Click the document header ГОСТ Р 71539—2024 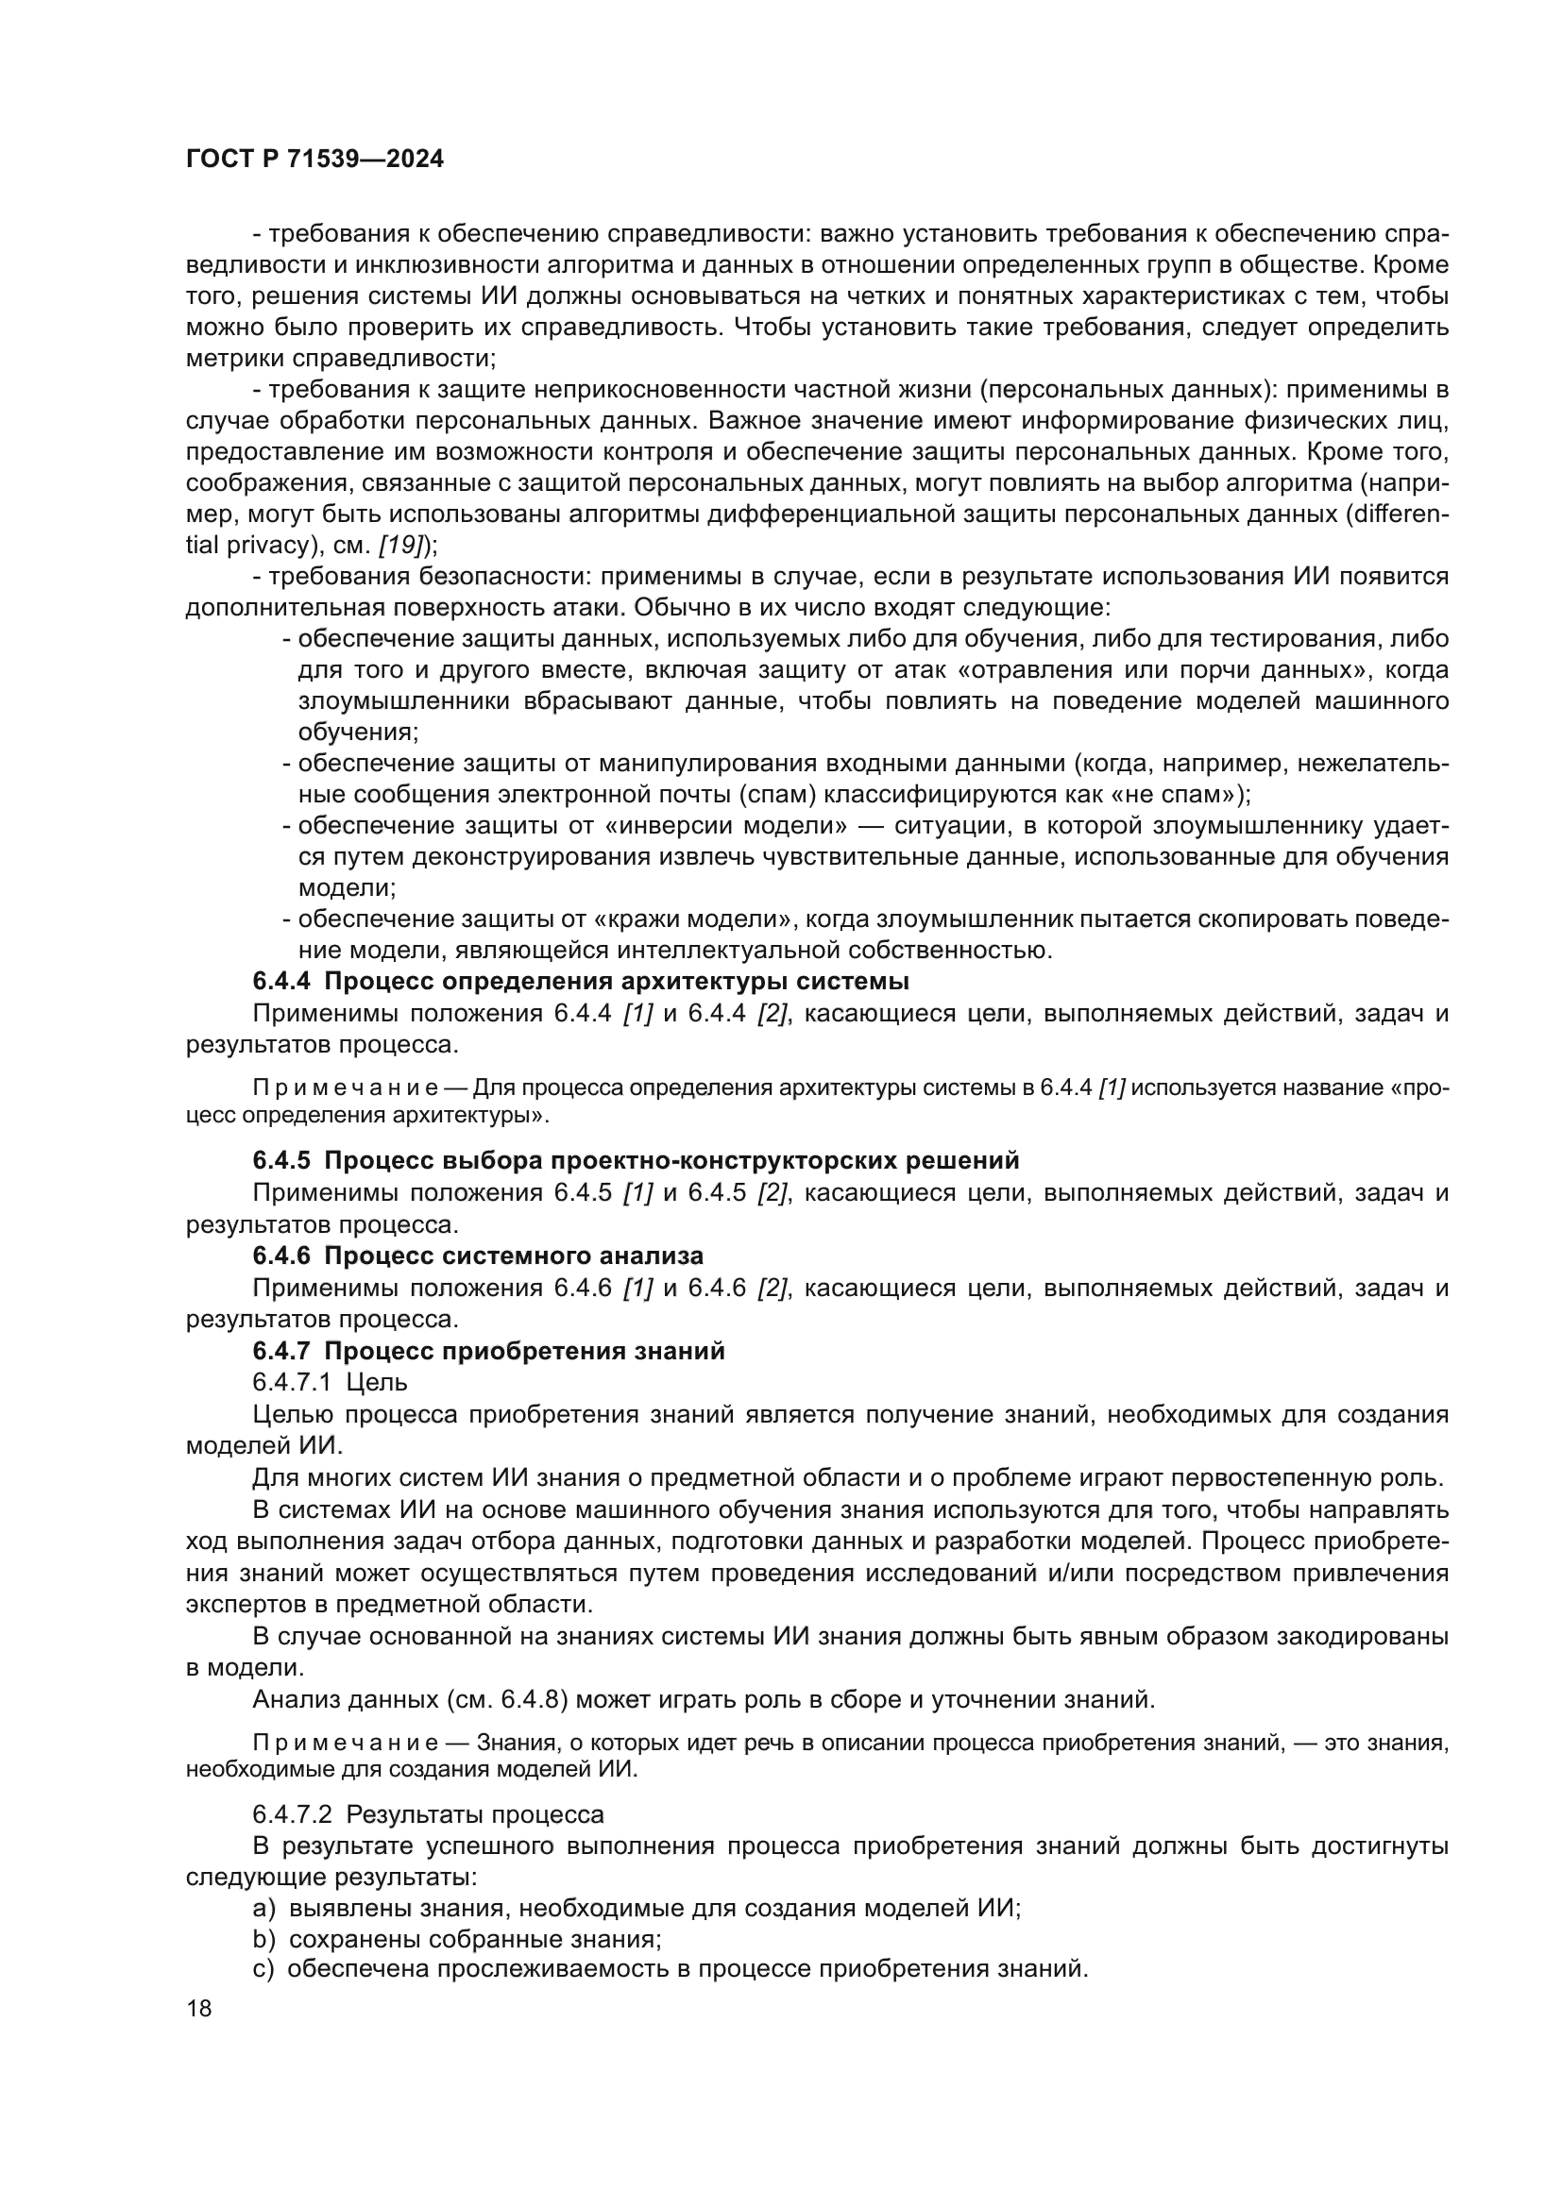click(x=314, y=160)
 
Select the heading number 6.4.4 click(x=280, y=982)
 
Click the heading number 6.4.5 click(x=280, y=1161)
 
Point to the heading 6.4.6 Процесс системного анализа click(x=478, y=1256)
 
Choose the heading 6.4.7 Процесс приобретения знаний click(x=488, y=1351)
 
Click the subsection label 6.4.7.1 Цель click(x=330, y=1382)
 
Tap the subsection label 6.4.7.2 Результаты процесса click(x=428, y=1814)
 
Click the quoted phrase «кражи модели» click(x=697, y=919)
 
